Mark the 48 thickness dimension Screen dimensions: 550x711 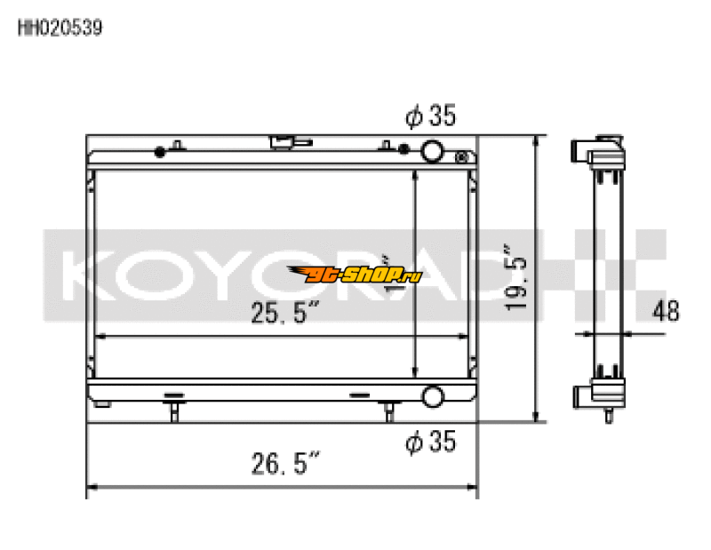(x=666, y=311)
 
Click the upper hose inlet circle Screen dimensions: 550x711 (x=433, y=151)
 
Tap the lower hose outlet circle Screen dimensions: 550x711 (x=433, y=396)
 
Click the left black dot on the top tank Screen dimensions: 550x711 (x=159, y=150)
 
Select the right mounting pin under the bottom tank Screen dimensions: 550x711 (x=388, y=410)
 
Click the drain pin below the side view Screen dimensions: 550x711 (x=608, y=415)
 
